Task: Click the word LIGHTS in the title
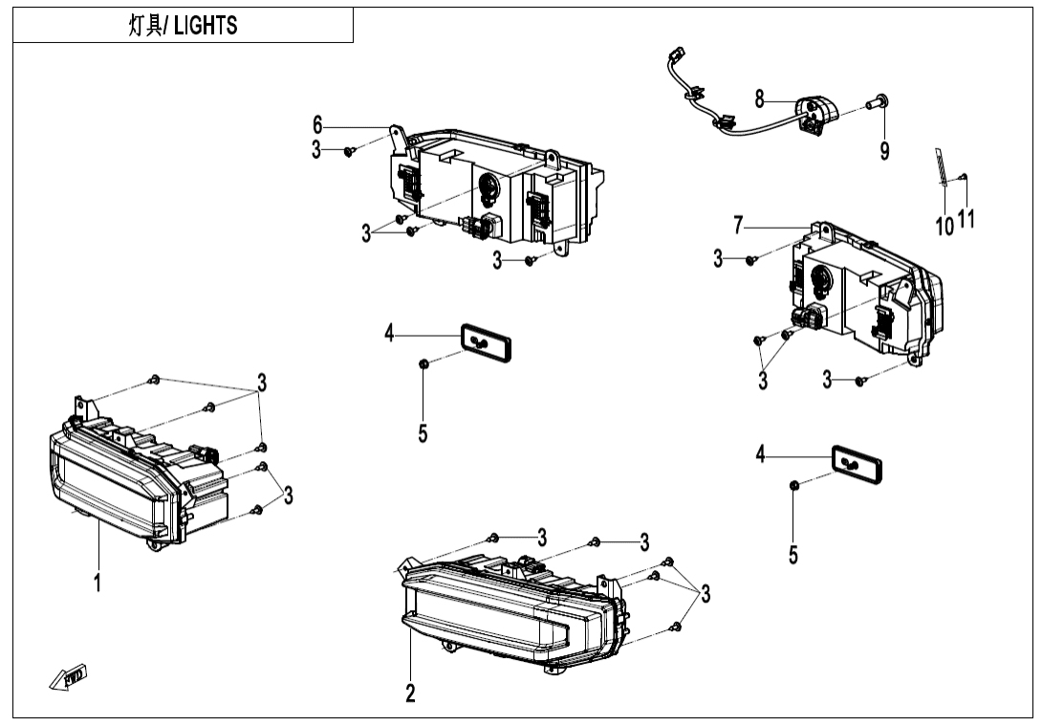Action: coord(206,27)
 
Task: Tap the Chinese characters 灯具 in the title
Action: coord(144,27)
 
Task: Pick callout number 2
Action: coord(410,693)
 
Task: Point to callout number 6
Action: coord(317,125)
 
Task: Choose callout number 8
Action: coord(759,98)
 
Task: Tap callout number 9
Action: coord(884,150)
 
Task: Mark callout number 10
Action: coord(944,227)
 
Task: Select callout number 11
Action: coord(966,219)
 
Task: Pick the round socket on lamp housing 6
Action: coord(488,191)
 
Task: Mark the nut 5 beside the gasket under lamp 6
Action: coord(423,363)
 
